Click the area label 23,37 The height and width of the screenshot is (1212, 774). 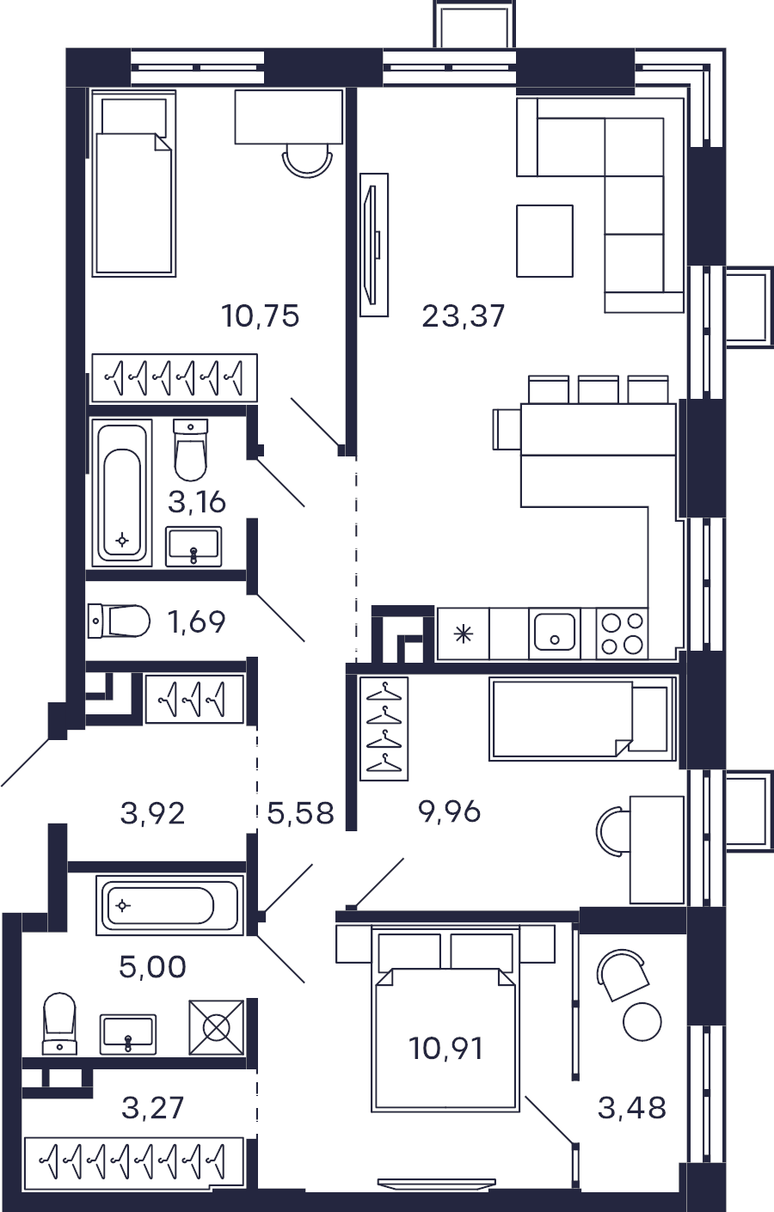pos(464,316)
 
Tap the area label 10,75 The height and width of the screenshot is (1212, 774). pos(261,316)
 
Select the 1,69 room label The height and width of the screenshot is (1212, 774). pos(196,621)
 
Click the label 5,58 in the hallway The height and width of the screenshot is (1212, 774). pos(300,813)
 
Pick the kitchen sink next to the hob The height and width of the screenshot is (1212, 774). pos(554,633)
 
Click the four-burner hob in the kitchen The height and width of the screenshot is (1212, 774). pos(623,633)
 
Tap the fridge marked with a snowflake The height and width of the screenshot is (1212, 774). pos(464,633)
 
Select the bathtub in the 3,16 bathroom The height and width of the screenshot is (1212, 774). pos(122,493)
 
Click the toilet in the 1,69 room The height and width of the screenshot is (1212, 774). pos(119,621)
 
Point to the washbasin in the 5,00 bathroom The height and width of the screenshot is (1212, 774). pos(128,1035)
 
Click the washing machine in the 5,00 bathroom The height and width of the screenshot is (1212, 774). pos(216,1027)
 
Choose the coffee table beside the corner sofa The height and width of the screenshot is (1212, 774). pos(544,241)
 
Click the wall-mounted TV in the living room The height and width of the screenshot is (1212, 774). pos(374,245)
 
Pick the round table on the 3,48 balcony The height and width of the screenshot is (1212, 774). pos(642,1022)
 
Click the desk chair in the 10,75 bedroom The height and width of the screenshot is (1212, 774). pos(307,161)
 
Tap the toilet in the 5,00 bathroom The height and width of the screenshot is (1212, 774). pos(59,1024)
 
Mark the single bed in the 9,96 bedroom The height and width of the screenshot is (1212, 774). pos(583,719)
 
